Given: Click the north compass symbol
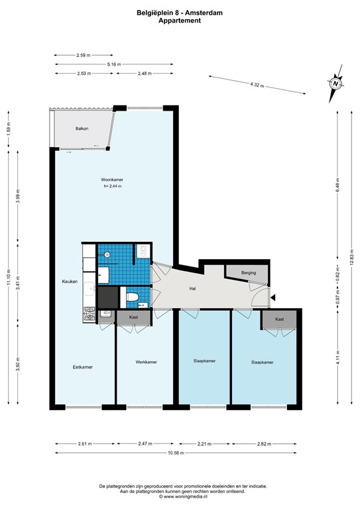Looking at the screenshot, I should coord(335,84).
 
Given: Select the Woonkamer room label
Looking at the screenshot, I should coord(113,180).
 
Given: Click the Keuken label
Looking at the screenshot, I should coord(70,282).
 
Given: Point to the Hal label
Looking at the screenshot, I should coord(193,288).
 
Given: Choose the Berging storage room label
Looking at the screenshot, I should coord(248,272).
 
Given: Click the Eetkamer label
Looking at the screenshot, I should coord(83,367).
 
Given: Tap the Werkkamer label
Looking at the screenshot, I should coord(146,362).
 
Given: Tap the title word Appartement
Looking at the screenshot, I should coord(180,21).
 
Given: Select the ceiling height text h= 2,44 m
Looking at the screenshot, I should coord(113,186).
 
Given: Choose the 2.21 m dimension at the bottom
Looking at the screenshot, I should coord(204,444).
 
